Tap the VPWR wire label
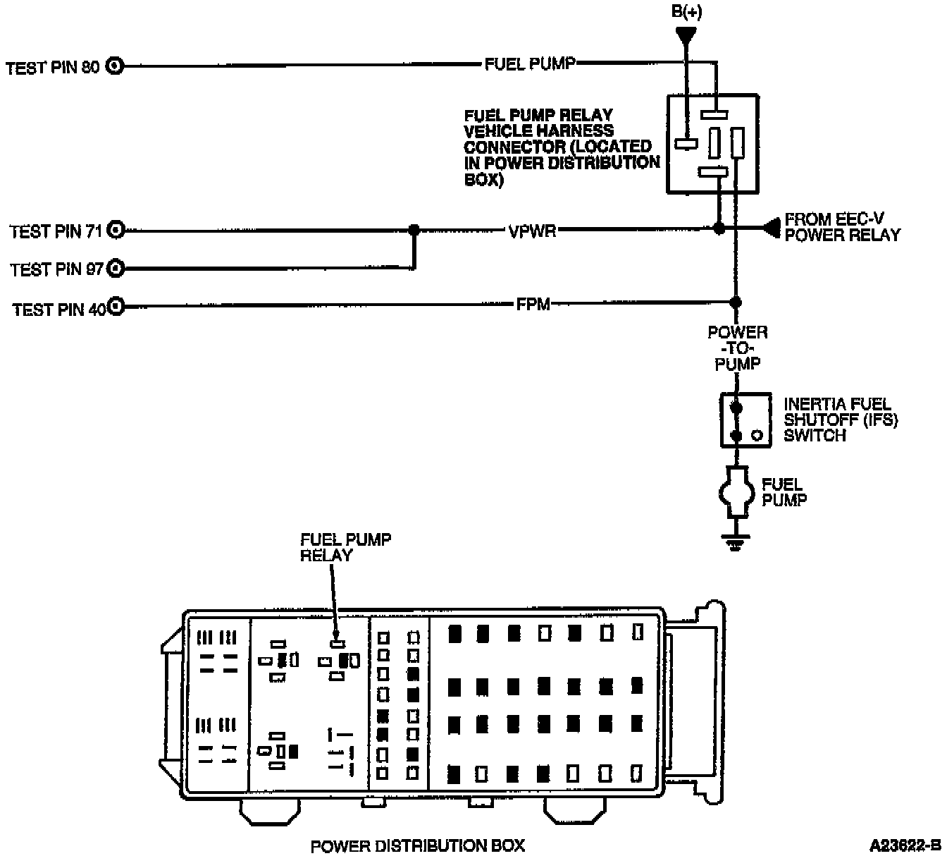pos(532,231)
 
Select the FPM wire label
pos(533,305)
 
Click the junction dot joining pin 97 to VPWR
pos(414,230)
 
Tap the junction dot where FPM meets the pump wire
pos(736,302)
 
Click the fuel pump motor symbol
pos(736,491)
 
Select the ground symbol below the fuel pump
pos(736,543)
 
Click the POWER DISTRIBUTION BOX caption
pos(418,845)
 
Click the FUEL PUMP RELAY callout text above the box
pos(345,546)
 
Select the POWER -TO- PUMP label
pos(737,348)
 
